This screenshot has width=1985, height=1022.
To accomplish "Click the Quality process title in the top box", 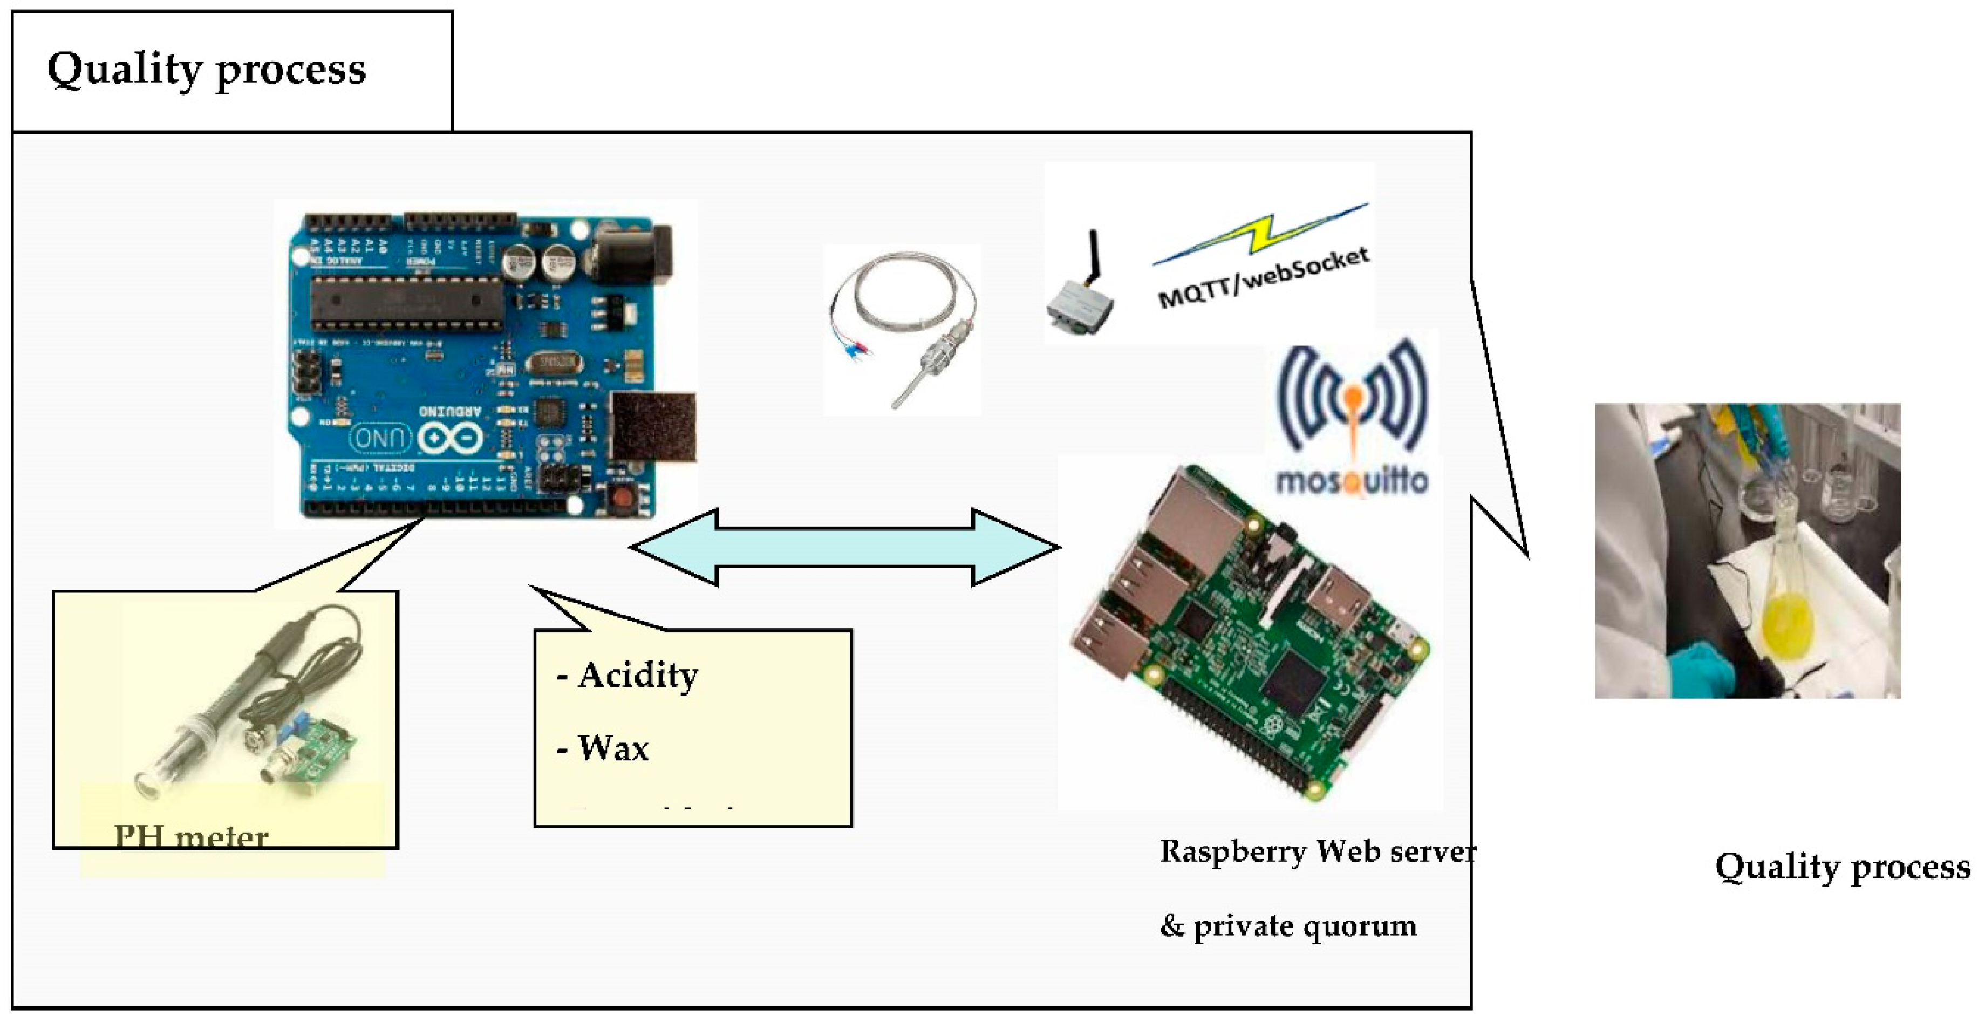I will (x=207, y=70).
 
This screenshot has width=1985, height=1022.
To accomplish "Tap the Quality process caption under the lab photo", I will (x=1841, y=867).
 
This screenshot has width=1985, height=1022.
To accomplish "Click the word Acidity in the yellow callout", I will (x=638, y=675).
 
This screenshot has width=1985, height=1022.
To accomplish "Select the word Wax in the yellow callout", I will (x=612, y=748).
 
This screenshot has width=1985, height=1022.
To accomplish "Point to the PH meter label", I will (x=191, y=837).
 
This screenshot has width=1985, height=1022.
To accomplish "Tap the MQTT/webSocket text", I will (x=1264, y=277).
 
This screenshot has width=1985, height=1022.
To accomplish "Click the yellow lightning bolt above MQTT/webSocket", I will (x=1264, y=231).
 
